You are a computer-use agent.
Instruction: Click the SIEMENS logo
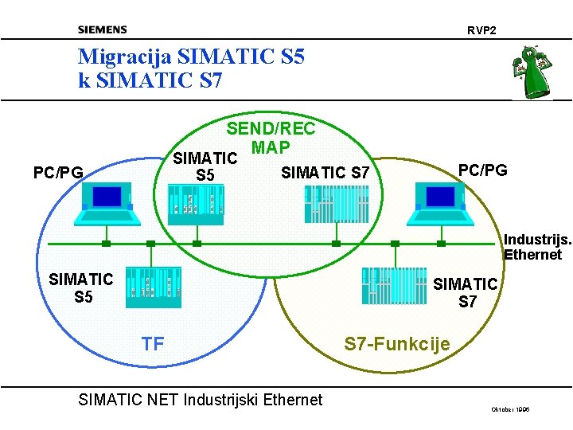(x=102, y=30)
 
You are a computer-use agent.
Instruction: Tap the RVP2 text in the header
(x=481, y=30)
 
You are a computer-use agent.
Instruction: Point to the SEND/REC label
(x=271, y=129)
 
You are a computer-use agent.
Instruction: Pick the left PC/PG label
(x=58, y=171)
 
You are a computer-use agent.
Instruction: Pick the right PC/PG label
(x=483, y=170)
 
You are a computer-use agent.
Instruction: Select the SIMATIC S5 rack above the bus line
(x=199, y=199)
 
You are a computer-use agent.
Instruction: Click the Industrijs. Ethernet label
(x=532, y=247)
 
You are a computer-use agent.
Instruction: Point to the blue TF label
(x=153, y=344)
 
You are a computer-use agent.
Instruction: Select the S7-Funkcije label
(x=397, y=344)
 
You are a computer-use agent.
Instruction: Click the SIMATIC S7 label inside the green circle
(x=326, y=172)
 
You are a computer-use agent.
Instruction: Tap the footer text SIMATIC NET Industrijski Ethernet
(x=201, y=400)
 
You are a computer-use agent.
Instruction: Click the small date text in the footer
(x=511, y=409)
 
